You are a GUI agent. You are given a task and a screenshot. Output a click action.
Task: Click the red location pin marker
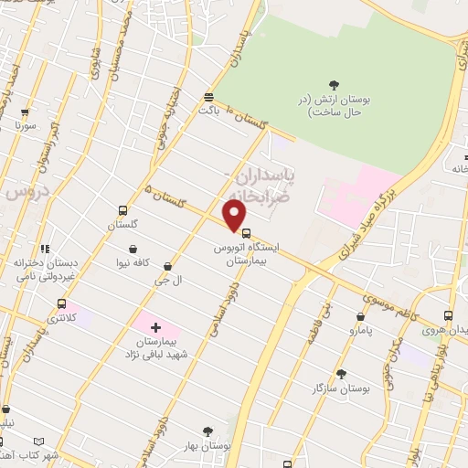(x=236, y=216)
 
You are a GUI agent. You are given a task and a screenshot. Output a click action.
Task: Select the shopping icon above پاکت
(x=209, y=96)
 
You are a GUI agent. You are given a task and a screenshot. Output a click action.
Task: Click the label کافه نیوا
(x=133, y=262)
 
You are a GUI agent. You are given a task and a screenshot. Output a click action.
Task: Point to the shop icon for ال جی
(x=167, y=266)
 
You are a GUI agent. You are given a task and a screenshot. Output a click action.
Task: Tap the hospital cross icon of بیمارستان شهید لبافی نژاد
(x=154, y=326)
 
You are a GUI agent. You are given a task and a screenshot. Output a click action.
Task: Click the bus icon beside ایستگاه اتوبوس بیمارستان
(x=245, y=232)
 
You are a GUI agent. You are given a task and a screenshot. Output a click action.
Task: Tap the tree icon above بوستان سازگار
(x=341, y=373)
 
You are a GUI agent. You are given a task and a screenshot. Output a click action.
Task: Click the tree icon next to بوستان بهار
(x=207, y=431)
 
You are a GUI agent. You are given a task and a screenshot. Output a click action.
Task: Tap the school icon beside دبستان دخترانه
(x=45, y=249)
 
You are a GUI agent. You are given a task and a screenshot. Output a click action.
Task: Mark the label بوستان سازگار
(x=340, y=388)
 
